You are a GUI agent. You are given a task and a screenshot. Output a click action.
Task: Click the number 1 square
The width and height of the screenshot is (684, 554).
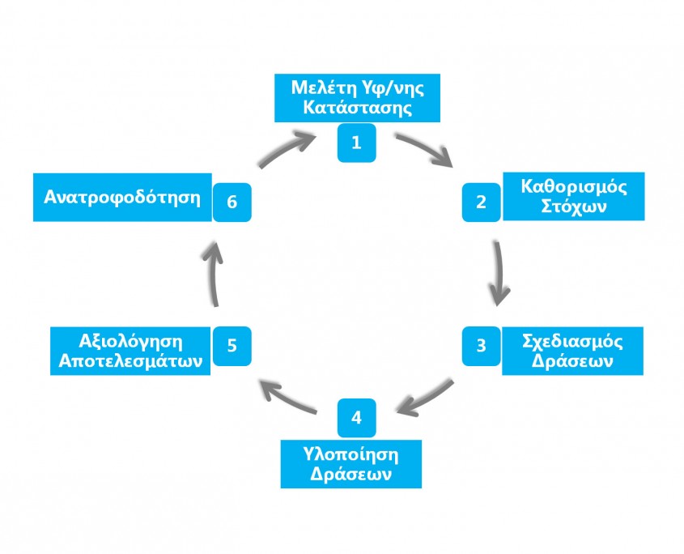355,142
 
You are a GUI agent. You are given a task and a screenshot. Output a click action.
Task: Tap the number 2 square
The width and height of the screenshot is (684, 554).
481,202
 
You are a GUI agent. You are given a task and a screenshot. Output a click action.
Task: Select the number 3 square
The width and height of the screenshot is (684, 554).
481,345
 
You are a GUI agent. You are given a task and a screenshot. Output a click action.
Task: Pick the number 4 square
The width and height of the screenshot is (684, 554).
355,419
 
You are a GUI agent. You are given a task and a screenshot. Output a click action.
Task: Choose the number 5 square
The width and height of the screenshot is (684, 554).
232,345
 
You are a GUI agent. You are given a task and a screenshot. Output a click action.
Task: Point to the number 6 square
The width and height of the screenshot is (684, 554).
232,202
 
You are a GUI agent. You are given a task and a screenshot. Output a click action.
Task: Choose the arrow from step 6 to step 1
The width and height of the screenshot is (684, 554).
287,149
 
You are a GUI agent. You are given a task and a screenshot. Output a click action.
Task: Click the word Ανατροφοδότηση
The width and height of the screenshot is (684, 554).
121,197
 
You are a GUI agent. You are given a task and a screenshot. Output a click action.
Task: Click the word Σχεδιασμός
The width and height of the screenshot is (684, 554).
573,341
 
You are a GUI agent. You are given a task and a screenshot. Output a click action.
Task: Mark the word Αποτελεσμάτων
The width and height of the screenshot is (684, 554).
131,362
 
